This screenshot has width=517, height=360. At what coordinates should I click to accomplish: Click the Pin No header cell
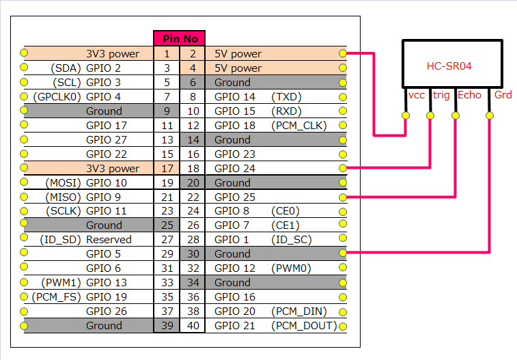(180, 38)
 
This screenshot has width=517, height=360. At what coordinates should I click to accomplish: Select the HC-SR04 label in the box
(449, 66)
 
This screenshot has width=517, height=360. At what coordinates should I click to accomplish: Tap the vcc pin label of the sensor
(417, 95)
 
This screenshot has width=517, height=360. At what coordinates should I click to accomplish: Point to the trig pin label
(441, 95)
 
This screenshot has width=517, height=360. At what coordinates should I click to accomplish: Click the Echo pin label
(469, 95)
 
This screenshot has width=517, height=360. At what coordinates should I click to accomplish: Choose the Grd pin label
(503, 95)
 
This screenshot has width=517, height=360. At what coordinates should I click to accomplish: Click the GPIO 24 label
(235, 169)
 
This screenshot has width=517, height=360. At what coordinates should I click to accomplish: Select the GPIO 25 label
(235, 197)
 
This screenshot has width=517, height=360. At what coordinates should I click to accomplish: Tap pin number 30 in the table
(193, 254)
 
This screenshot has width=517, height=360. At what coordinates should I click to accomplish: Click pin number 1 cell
(167, 54)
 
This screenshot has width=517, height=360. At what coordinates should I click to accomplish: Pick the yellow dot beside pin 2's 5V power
(343, 53)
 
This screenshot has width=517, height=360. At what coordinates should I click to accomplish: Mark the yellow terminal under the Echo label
(456, 115)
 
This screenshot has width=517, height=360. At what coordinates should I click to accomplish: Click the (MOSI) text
(63, 183)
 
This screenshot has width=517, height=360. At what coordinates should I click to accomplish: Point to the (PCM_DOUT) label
(304, 326)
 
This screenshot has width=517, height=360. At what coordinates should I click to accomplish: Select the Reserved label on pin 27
(109, 240)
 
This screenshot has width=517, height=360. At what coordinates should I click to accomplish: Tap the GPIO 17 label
(106, 126)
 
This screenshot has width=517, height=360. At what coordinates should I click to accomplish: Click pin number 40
(193, 326)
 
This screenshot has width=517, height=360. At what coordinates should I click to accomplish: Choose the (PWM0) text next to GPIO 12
(291, 268)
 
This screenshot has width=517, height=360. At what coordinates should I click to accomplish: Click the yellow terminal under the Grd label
(490, 115)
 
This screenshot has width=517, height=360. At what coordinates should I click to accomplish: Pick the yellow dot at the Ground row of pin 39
(24, 326)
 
